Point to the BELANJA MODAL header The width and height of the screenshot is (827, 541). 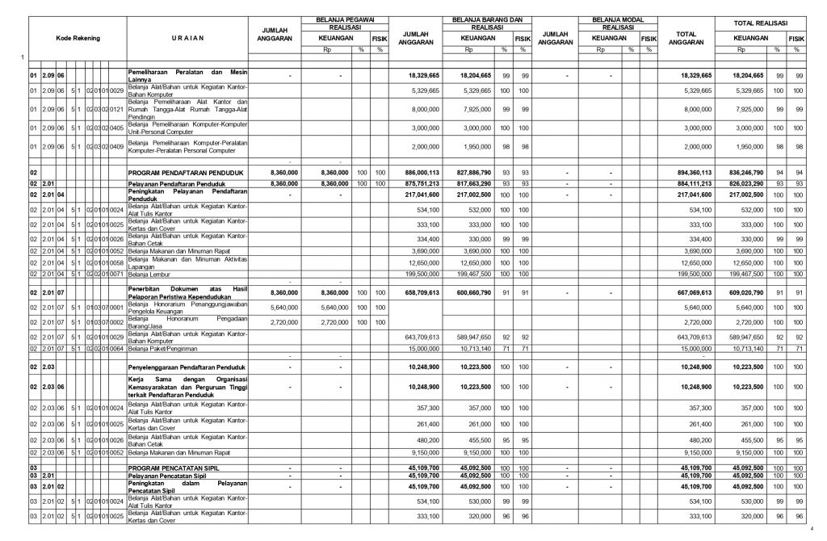point(618,18)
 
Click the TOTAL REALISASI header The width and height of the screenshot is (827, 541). point(759,23)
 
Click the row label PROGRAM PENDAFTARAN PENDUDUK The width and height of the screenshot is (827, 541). point(175,172)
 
